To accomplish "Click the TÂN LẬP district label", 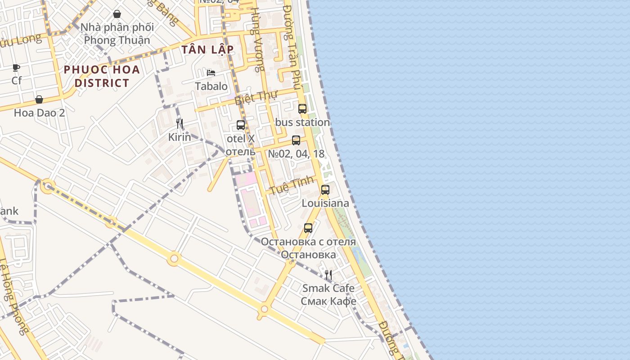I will (207, 49).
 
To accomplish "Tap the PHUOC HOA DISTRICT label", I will (102, 76).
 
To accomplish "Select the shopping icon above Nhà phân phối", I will (117, 14).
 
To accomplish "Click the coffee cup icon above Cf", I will (16, 68).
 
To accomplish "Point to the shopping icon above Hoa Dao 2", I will (39, 99).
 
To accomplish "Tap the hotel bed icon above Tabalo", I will (211, 73).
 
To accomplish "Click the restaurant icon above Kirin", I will (180, 124).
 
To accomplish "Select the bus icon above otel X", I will (241, 125).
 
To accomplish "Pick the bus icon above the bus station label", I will (302, 108).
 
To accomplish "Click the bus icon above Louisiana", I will (325, 189).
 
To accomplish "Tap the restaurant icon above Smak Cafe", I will (328, 274).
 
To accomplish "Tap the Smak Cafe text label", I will (328, 288).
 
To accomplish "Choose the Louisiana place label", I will (325, 203).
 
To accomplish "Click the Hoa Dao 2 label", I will (39, 112).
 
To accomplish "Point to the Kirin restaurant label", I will (180, 137).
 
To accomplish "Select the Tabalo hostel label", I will (211, 86).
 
